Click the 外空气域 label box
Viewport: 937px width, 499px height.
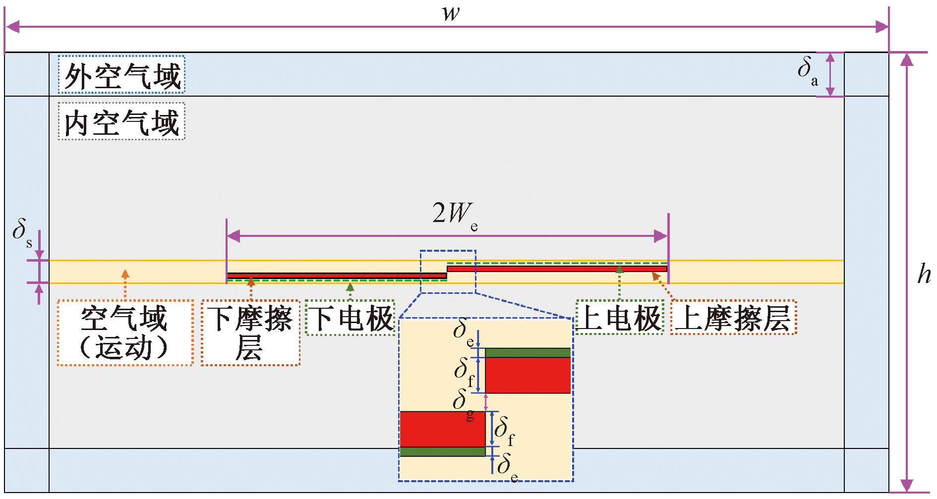coord(121,75)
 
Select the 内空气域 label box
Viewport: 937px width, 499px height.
coord(121,121)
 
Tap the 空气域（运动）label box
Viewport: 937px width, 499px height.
coord(125,333)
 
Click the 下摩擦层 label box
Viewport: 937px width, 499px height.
coord(250,333)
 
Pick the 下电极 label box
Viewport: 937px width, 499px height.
coord(350,318)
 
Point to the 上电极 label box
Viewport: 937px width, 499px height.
coord(620,317)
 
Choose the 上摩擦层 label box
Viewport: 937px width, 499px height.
coord(733,317)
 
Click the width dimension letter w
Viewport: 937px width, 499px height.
coord(451,13)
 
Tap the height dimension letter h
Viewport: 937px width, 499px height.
coord(924,274)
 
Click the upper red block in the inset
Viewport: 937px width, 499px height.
coord(527,375)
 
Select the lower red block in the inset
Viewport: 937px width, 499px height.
coord(442,429)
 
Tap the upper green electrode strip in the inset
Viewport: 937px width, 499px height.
coord(527,353)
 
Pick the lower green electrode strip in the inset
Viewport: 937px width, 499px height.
coord(442,451)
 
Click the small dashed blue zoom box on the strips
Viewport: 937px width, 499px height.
coord(448,272)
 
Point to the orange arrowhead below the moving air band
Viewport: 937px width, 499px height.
coord(125,273)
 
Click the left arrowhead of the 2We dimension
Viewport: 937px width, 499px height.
coord(233,236)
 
